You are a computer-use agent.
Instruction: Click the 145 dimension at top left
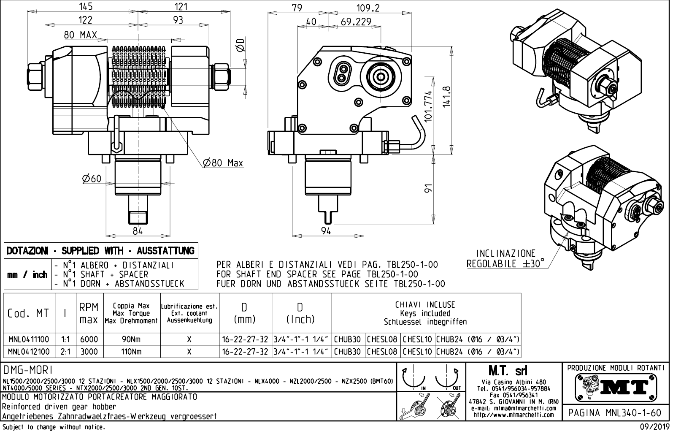(x=86, y=7)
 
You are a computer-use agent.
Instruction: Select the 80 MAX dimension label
(x=80, y=35)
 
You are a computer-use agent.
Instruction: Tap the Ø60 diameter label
(x=92, y=179)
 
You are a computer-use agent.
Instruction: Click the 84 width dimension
(x=138, y=231)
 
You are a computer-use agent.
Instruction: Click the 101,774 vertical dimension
(x=429, y=106)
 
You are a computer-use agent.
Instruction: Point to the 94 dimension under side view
(x=326, y=231)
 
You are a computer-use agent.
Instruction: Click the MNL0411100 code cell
(x=29, y=339)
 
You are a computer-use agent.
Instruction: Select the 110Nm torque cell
(x=131, y=352)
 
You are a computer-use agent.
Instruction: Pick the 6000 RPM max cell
(x=89, y=339)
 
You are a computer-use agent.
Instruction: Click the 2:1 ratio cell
(x=65, y=352)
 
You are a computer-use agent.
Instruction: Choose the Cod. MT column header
(x=28, y=314)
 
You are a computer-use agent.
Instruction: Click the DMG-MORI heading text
(x=27, y=370)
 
